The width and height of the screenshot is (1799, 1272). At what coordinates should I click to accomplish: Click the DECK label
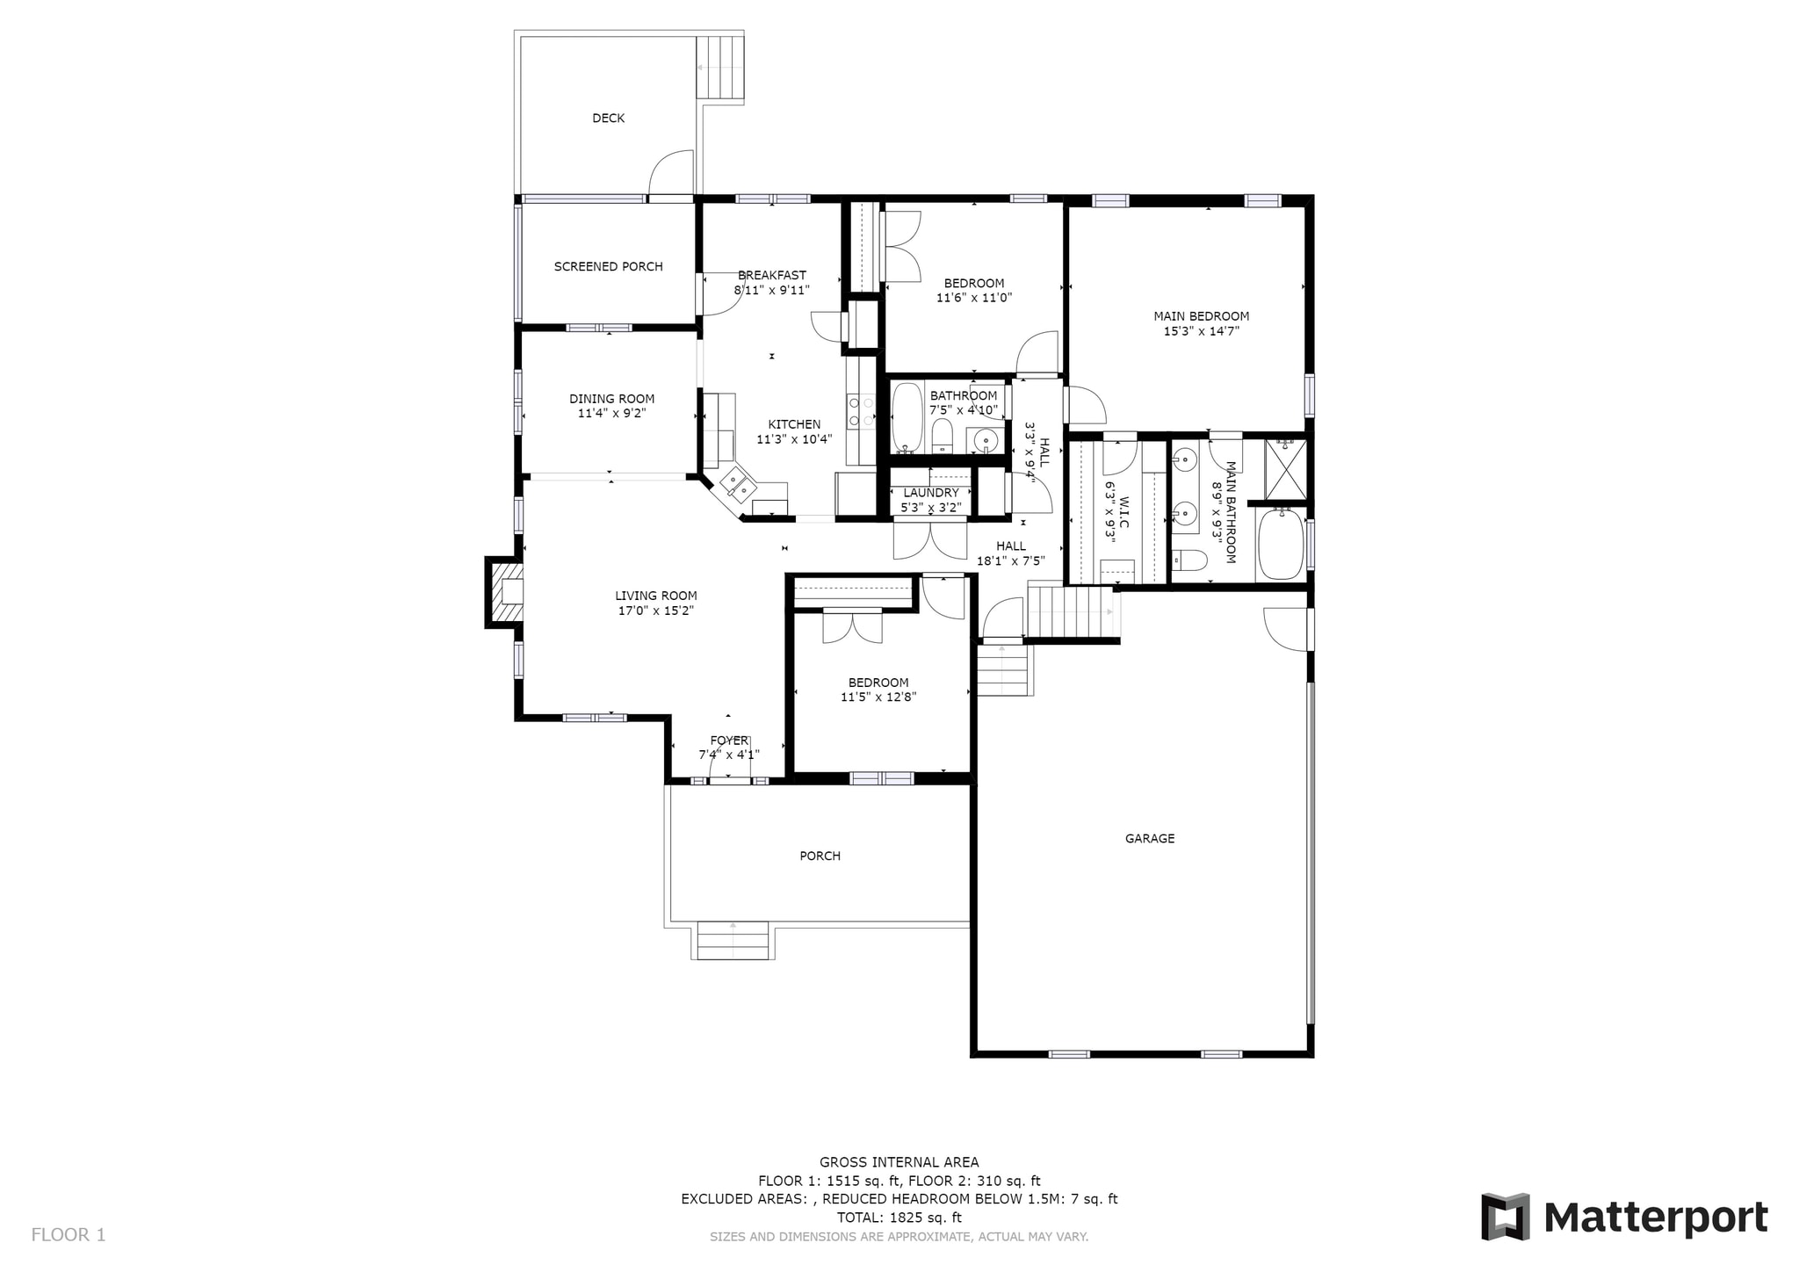(x=608, y=118)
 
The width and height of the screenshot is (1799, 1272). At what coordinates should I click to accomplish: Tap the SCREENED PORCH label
(x=608, y=266)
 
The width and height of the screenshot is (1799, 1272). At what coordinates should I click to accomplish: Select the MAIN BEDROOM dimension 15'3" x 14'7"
(x=1201, y=331)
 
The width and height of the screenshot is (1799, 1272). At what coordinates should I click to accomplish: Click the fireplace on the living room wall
(x=506, y=593)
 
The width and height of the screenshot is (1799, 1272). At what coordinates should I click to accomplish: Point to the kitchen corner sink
(x=736, y=485)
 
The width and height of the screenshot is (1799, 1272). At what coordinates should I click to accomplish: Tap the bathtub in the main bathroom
(x=1282, y=546)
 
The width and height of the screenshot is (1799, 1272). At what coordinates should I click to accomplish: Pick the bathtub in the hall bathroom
(x=907, y=417)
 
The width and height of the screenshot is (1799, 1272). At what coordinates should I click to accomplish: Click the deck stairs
(x=720, y=68)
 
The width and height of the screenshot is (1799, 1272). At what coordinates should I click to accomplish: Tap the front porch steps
(x=733, y=940)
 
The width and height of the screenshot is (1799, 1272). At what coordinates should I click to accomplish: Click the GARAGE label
(x=1149, y=838)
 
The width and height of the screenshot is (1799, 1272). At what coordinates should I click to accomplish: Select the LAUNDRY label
(x=930, y=493)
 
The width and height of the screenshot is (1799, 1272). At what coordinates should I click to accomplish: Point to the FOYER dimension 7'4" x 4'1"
(x=728, y=755)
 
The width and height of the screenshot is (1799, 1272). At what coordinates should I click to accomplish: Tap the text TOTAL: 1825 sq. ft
(x=899, y=1218)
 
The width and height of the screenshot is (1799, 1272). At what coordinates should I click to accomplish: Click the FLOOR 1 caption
(x=69, y=1234)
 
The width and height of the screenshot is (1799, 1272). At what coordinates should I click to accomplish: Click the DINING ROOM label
(x=611, y=399)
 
